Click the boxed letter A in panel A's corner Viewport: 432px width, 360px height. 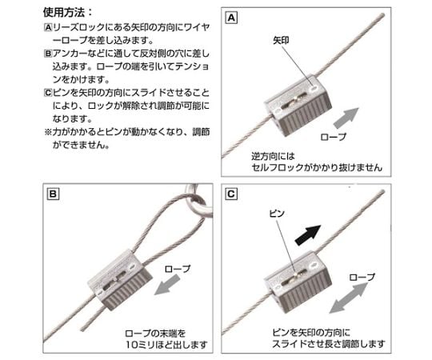(231, 18)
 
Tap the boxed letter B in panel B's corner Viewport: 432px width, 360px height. (53, 194)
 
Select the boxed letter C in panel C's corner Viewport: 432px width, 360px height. (231, 194)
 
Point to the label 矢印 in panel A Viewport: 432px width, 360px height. (281, 41)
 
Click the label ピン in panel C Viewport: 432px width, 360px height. (277, 214)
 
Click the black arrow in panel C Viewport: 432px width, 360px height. (308, 235)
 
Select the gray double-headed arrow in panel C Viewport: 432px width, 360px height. (349, 298)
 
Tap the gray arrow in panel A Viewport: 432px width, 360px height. (346, 118)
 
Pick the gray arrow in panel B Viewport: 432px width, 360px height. (167, 285)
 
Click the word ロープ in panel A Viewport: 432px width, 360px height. (334, 137)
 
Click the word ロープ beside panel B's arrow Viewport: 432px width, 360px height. (177, 269)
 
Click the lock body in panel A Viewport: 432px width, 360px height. (298, 106)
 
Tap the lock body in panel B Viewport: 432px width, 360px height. (120, 279)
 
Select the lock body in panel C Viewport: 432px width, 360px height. (298, 282)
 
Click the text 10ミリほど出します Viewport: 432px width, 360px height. (166, 345)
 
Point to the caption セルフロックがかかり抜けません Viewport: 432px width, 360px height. (317, 167)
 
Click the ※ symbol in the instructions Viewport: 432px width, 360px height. (48, 132)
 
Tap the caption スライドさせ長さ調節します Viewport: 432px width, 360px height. (328, 344)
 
